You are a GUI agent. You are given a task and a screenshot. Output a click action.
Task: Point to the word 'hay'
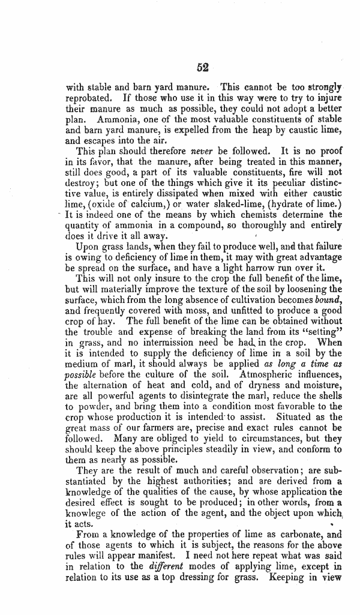[100, 323]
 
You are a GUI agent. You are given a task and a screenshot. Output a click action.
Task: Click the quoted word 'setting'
[318, 333]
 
